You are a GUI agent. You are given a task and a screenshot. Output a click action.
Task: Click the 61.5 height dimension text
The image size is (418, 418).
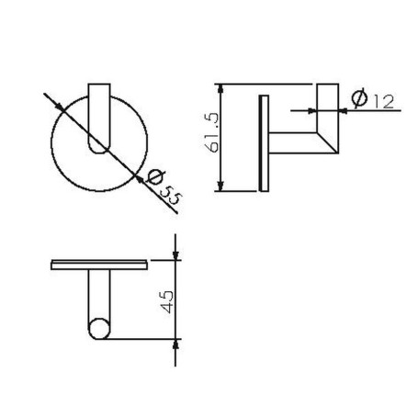click(x=212, y=133)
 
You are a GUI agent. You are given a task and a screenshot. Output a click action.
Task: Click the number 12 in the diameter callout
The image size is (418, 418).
click(x=383, y=102)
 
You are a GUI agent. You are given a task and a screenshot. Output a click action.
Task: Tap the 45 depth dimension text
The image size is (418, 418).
click(x=166, y=302)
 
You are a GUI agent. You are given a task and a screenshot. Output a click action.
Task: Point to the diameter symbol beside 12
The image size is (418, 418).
click(x=359, y=98)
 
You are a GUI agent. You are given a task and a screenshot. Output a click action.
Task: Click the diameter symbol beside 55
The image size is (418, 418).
click(x=155, y=176)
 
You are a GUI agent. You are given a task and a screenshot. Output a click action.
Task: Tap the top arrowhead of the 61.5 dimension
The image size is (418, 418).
click(x=220, y=89)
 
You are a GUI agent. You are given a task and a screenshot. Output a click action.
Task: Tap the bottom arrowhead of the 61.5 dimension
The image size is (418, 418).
click(x=220, y=186)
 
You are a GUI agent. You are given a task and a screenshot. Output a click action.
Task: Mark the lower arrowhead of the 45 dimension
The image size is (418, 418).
click(x=175, y=345)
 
